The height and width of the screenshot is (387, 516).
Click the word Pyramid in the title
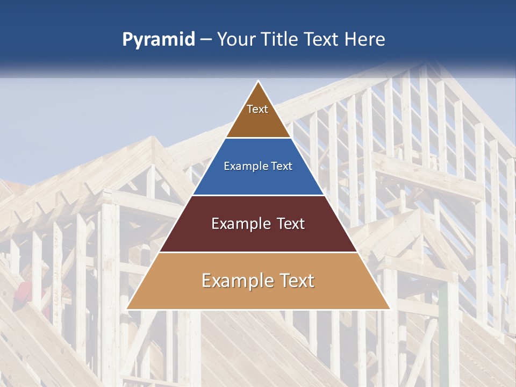coord(158,40)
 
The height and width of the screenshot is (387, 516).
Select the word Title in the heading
coord(281,39)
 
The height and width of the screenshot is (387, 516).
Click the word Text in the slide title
coord(323,39)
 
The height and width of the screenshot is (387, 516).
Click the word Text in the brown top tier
coord(257,109)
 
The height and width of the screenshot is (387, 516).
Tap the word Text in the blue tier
coord(281,167)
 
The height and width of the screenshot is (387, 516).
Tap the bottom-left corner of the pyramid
coord(127,309)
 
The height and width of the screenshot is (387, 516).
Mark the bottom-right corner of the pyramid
coord(389,309)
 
